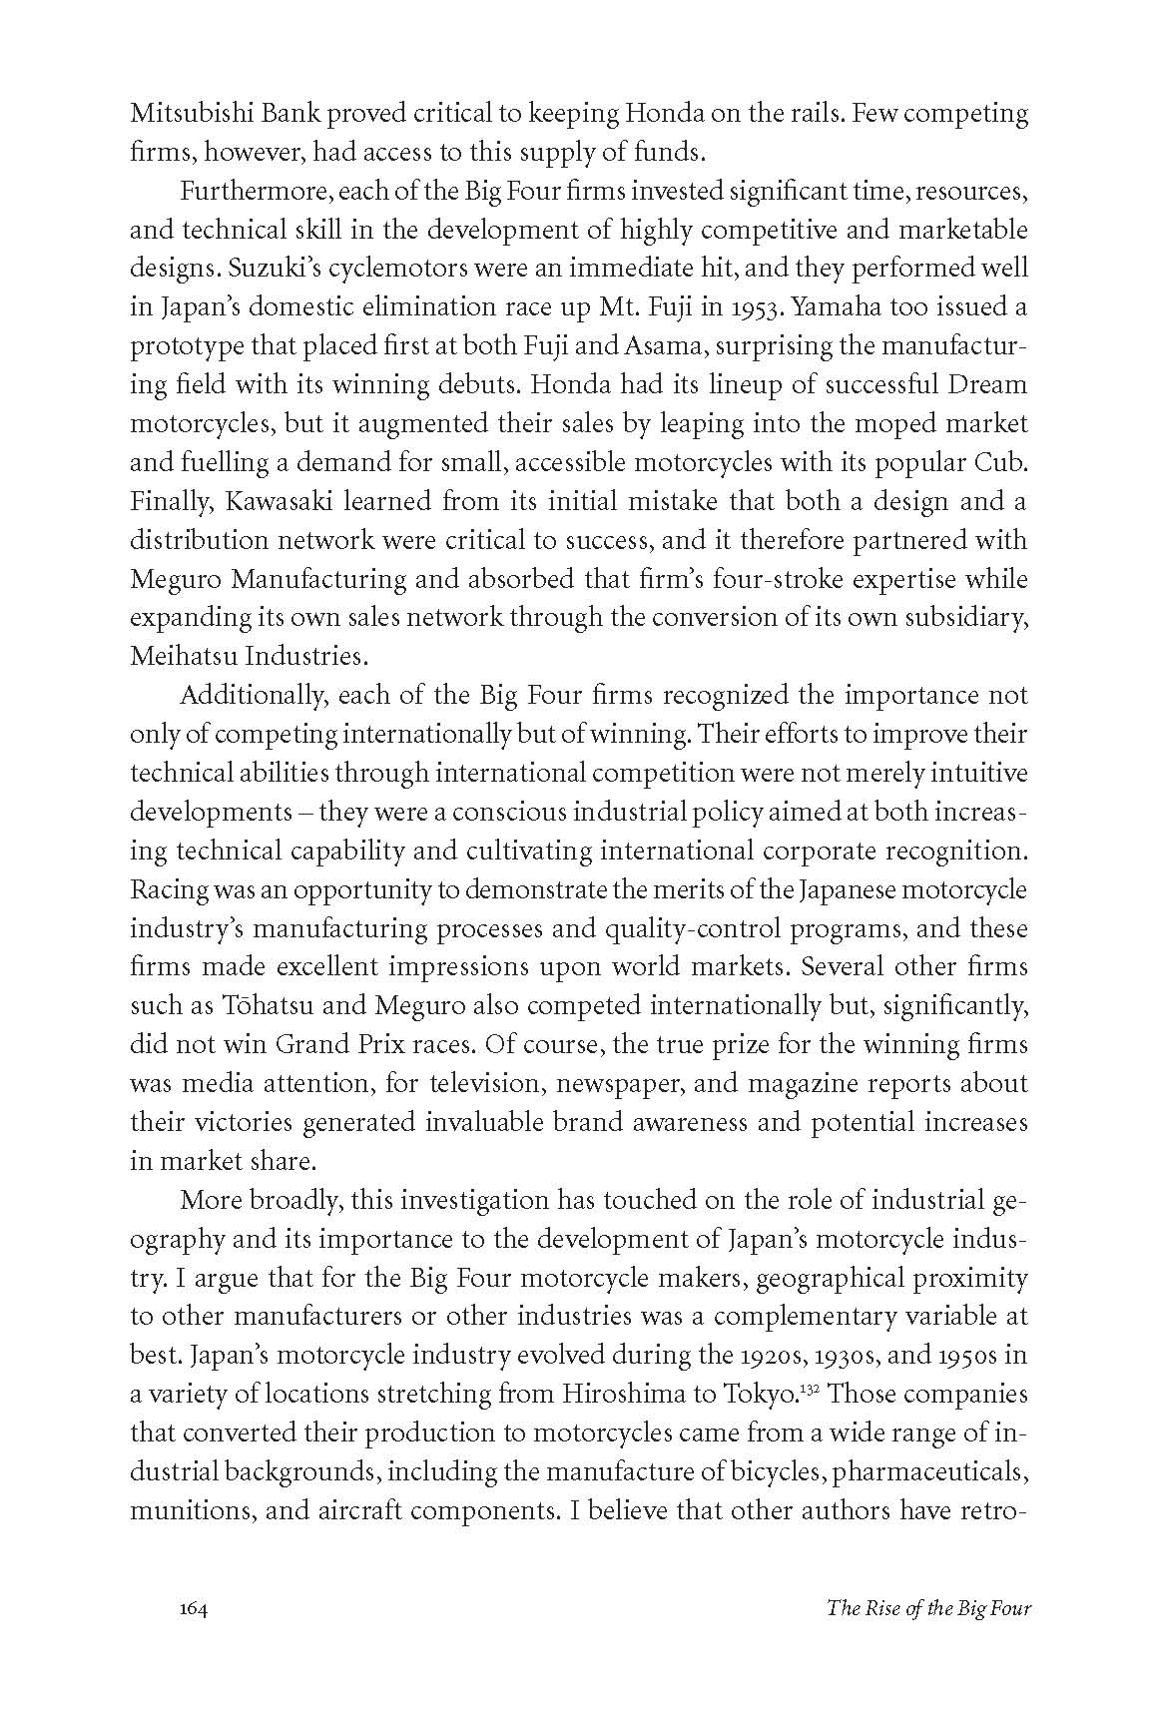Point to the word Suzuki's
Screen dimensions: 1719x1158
click(x=176, y=269)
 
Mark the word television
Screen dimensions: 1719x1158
click(x=511, y=1084)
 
